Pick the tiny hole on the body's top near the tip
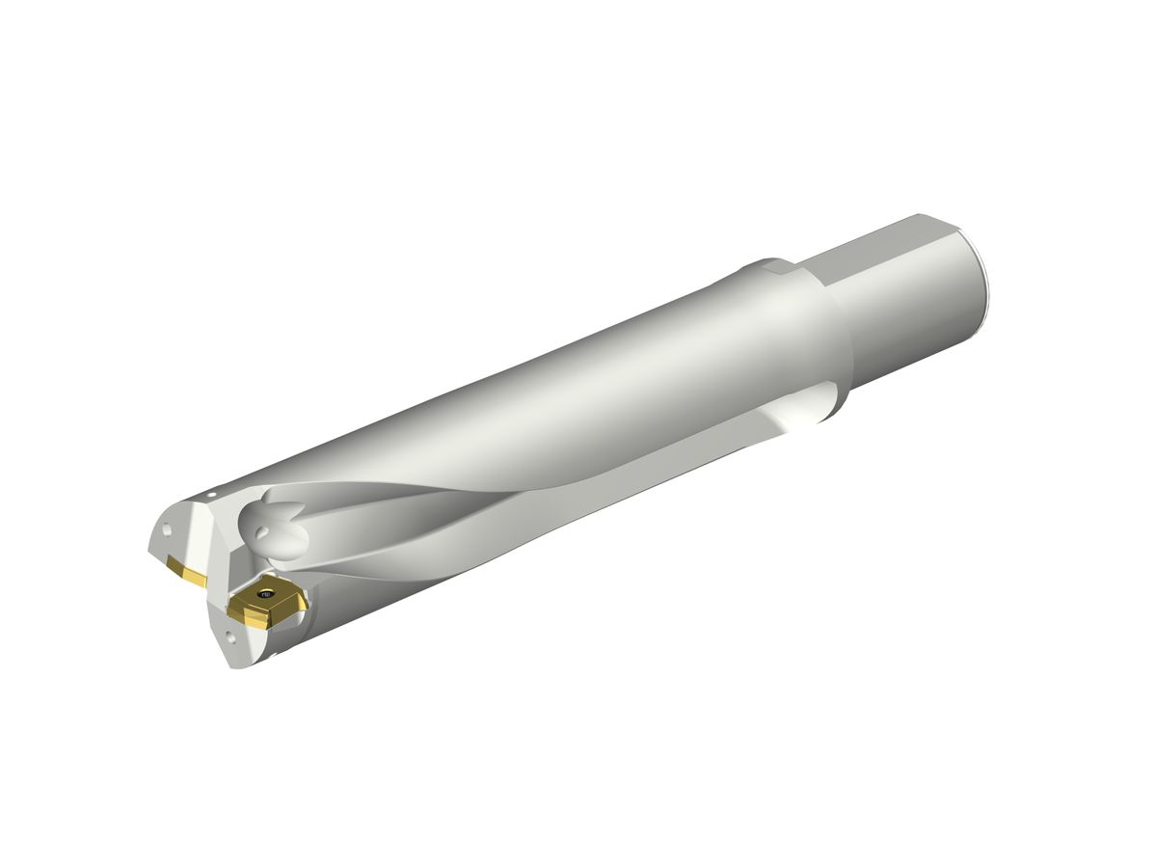click(211, 494)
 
